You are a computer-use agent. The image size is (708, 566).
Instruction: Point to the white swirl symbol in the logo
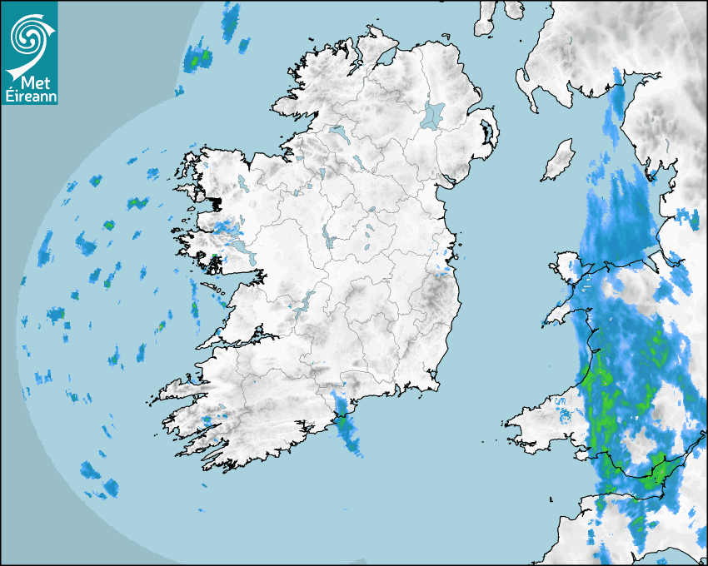30,37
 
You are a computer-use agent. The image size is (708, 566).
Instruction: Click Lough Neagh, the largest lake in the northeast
433,115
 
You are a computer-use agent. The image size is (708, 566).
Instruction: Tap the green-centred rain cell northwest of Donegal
197,60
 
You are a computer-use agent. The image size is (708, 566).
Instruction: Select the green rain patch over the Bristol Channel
658,473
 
